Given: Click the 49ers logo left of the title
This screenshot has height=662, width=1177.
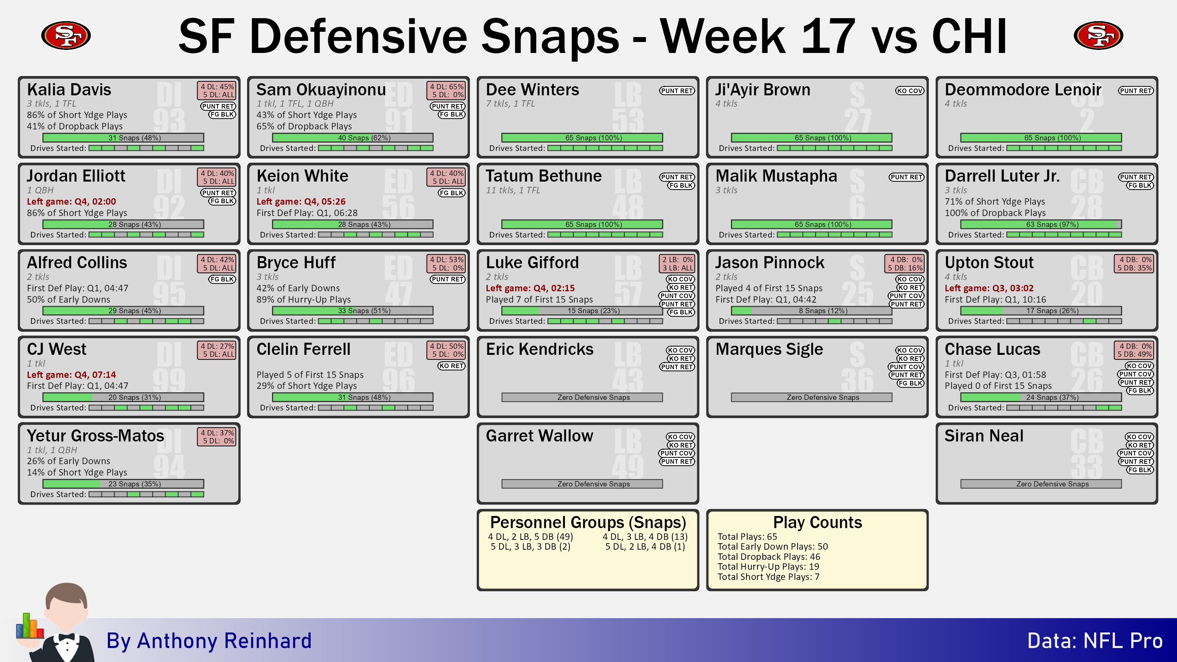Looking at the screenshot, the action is click(66, 35).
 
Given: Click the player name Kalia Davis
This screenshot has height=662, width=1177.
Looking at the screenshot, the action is click(69, 90).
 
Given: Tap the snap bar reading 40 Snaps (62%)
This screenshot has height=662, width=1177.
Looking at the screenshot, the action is click(353, 138).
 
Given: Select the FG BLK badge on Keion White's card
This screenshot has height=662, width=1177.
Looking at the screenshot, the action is click(451, 193).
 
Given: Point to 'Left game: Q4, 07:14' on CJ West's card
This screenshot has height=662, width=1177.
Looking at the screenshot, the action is click(71, 375).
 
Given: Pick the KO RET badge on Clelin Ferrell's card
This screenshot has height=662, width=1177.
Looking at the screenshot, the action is click(451, 366).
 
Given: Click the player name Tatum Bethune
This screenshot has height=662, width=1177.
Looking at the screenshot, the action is click(544, 176).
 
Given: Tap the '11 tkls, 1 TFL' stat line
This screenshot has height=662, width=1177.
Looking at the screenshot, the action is click(513, 190).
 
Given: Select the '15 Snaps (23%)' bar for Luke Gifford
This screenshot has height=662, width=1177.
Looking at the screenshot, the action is click(582, 311).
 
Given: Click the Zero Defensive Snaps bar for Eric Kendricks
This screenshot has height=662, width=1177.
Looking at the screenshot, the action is click(582, 398).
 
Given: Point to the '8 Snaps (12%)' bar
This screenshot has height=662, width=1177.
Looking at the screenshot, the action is click(812, 311).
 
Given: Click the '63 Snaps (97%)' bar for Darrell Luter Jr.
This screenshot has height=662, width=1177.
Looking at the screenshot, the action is click(1041, 224).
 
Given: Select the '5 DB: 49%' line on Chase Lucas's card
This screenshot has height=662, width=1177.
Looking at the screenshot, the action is click(1135, 354).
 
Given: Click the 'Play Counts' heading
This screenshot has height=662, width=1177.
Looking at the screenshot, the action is click(818, 522).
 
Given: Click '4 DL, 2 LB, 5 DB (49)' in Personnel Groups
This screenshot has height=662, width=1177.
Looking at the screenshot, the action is click(530, 537).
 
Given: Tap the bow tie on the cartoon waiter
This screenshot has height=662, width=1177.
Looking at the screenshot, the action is click(67, 636).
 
